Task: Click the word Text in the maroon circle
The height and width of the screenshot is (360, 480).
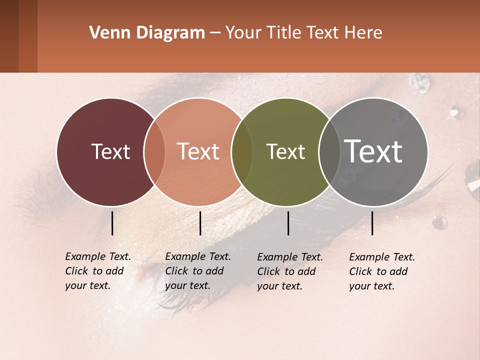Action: point(110,151)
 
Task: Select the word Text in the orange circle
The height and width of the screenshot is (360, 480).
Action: point(198,151)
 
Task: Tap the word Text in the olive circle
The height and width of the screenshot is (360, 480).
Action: point(285,151)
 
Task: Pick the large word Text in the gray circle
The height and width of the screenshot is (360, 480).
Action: point(373,151)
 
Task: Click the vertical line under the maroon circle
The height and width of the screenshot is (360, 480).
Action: point(112,223)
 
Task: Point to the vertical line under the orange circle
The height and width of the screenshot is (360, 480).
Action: point(200,223)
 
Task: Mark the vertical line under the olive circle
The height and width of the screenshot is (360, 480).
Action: point(288,223)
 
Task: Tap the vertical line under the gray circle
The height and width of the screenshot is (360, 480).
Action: point(372,223)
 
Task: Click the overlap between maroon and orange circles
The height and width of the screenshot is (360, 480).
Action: point(154,151)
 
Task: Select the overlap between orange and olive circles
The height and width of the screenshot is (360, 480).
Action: point(242,151)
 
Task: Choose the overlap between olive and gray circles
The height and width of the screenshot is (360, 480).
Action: point(329,151)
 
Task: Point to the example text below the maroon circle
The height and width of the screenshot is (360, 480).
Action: point(98,271)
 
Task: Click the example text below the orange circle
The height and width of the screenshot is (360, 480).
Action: point(198,271)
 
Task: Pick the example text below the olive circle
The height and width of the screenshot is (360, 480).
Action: point(290,271)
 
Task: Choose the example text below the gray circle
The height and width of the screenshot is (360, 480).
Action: point(382,271)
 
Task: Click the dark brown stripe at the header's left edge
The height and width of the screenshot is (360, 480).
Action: point(9,36)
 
